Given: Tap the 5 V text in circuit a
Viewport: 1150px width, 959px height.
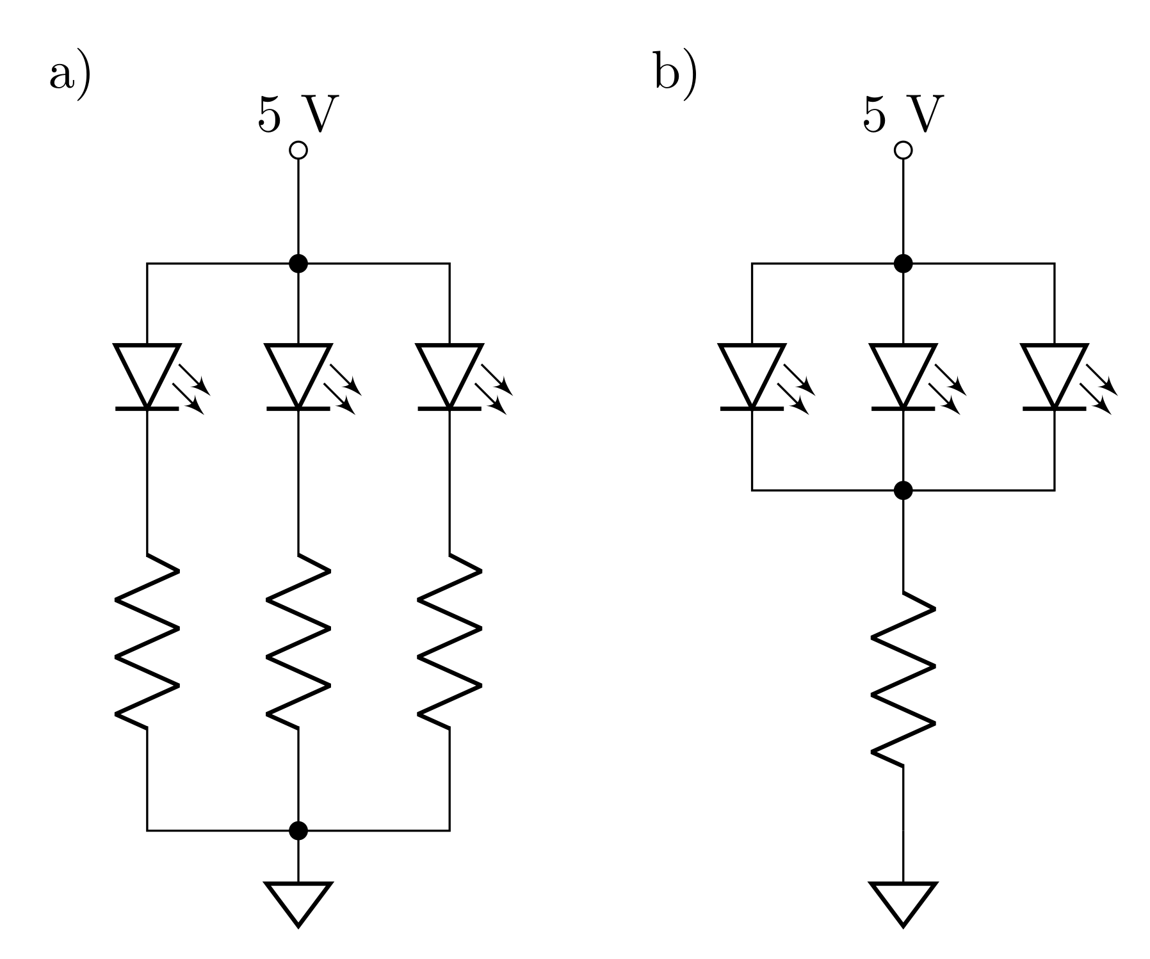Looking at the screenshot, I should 298,115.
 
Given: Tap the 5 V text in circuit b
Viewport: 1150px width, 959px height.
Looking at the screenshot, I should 903,115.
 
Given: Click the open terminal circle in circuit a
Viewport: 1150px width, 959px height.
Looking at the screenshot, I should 298,150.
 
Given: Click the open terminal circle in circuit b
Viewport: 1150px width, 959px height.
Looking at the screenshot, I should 903,150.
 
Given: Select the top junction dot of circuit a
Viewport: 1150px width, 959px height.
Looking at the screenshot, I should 298,263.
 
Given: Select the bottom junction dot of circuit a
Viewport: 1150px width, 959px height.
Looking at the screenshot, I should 298,830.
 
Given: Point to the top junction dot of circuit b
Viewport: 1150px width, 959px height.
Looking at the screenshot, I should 903,263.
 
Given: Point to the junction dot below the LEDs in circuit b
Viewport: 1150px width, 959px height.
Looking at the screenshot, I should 903,490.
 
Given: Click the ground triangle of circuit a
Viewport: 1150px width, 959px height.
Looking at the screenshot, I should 298,899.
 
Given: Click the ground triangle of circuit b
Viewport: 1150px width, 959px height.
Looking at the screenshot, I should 903,899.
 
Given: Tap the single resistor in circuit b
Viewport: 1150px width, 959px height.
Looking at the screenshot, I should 903,679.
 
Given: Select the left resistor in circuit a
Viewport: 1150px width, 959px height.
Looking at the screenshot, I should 147,640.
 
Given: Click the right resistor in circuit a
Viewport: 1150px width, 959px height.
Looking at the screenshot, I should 449,640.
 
